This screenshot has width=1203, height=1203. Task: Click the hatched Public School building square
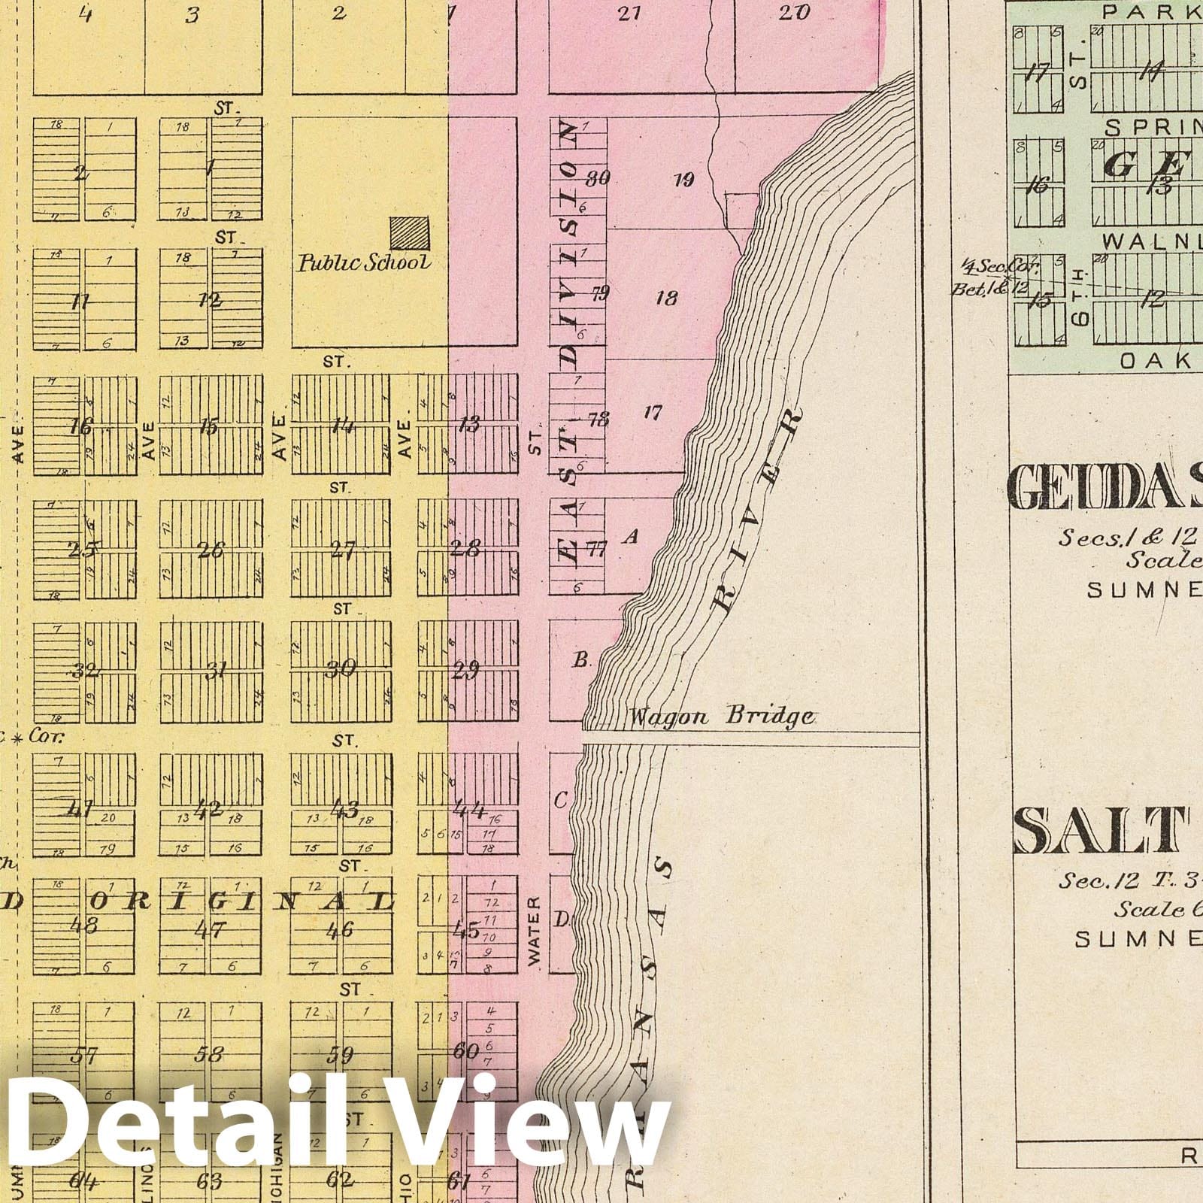click(409, 233)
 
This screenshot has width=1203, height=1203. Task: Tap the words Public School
click(365, 262)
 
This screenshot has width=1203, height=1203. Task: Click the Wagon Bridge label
click(720, 717)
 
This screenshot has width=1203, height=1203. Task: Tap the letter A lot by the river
click(632, 536)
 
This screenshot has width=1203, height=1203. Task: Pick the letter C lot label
click(561, 801)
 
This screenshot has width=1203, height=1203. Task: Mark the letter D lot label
click(561, 920)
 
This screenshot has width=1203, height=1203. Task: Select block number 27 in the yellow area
click(342, 550)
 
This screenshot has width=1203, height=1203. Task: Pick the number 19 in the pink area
click(683, 179)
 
